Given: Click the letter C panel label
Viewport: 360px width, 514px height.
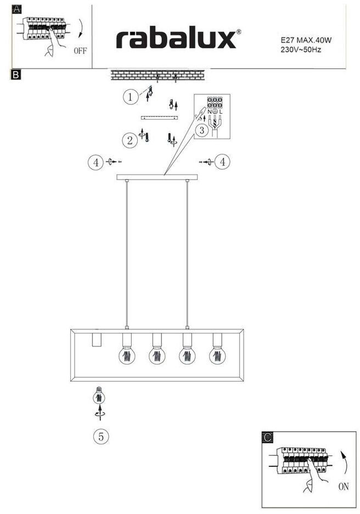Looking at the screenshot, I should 267,437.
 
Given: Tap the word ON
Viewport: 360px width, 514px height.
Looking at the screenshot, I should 343,486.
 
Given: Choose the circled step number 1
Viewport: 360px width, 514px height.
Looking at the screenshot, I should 130,98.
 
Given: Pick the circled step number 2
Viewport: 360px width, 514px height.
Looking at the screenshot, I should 130,140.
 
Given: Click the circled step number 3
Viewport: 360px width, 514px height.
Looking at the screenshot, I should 202,130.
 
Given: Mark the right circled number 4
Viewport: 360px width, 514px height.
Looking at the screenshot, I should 223,161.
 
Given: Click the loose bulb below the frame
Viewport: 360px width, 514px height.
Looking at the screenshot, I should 98,396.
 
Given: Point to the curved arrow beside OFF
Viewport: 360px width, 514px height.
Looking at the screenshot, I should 80,28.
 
